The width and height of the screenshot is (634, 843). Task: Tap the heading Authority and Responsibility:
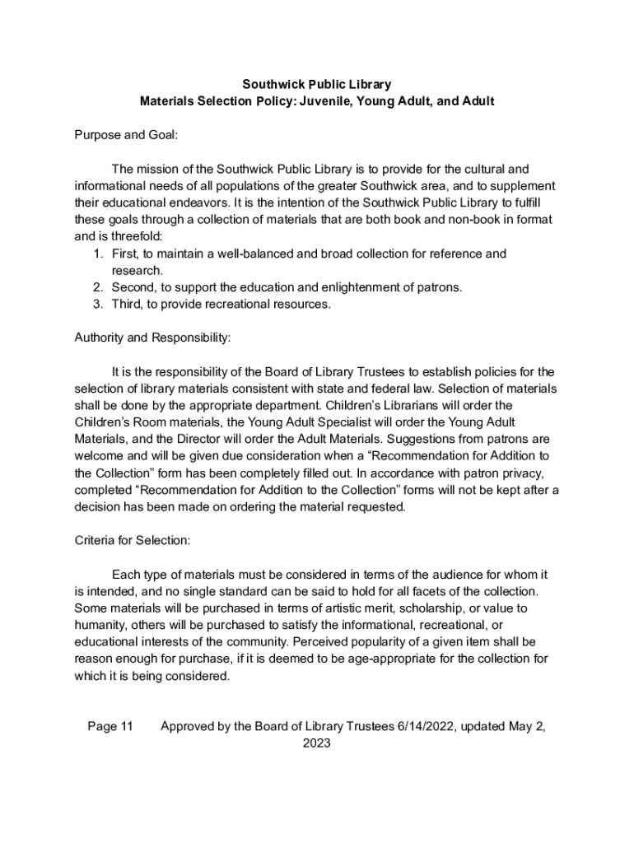[x=152, y=338]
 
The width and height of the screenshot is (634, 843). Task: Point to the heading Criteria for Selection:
[x=133, y=540]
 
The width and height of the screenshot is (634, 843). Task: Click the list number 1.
[x=97, y=254]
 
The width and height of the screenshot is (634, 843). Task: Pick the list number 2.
[x=97, y=287]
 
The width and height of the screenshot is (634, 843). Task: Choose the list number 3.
[x=97, y=304]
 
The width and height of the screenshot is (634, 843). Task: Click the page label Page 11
[x=110, y=726]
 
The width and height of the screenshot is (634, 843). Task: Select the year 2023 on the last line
[x=317, y=743]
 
